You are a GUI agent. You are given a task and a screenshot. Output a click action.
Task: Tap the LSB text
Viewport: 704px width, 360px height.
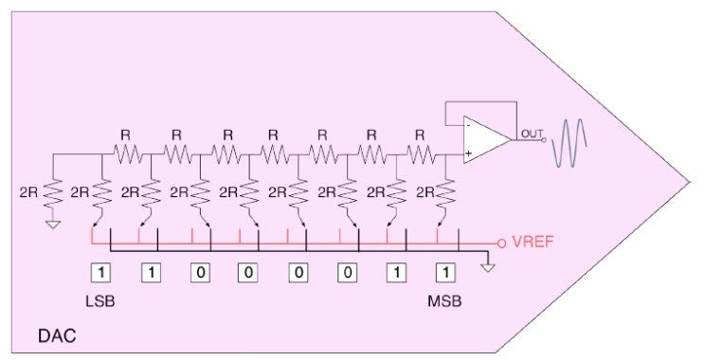[x=101, y=300]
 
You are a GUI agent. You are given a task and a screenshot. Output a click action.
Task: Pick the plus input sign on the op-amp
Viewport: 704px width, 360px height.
[x=469, y=153]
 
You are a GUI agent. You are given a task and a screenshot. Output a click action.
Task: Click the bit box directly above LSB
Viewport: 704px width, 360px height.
[x=102, y=272]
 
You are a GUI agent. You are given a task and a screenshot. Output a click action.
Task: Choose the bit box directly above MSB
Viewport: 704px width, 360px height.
[x=443, y=272]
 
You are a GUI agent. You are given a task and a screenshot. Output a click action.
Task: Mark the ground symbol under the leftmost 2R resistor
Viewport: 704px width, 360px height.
[x=53, y=225]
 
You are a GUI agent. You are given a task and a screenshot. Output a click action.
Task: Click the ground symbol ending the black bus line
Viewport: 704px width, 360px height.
[x=488, y=267]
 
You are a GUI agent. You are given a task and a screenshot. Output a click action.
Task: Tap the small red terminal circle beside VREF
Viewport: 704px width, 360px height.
[x=502, y=242]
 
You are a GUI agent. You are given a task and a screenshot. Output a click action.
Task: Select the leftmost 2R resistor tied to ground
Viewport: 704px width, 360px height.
[x=53, y=193]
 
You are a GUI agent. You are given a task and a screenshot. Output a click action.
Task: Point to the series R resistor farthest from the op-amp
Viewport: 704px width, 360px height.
[x=125, y=152]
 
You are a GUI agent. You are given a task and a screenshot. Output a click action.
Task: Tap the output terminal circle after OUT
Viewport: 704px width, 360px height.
[x=544, y=139]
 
